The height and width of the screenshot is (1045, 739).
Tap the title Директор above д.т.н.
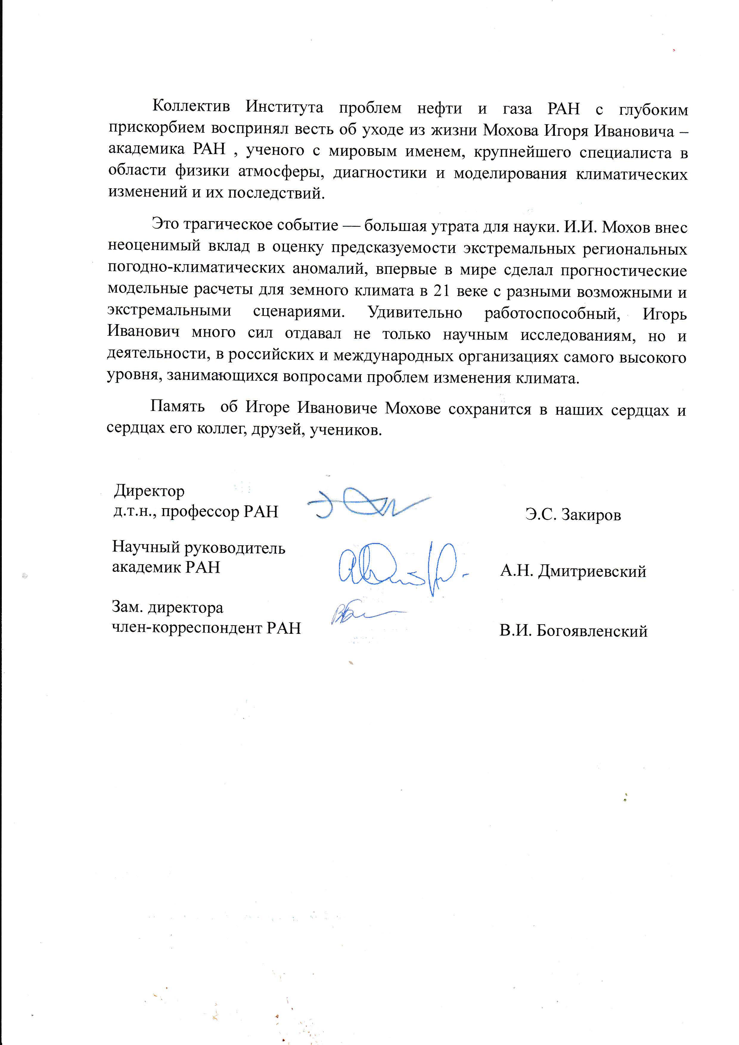pyautogui.click(x=149, y=491)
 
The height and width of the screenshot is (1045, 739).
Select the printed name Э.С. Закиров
pyautogui.click(x=573, y=515)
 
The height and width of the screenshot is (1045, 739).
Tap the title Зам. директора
pyautogui.click(x=167, y=607)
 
